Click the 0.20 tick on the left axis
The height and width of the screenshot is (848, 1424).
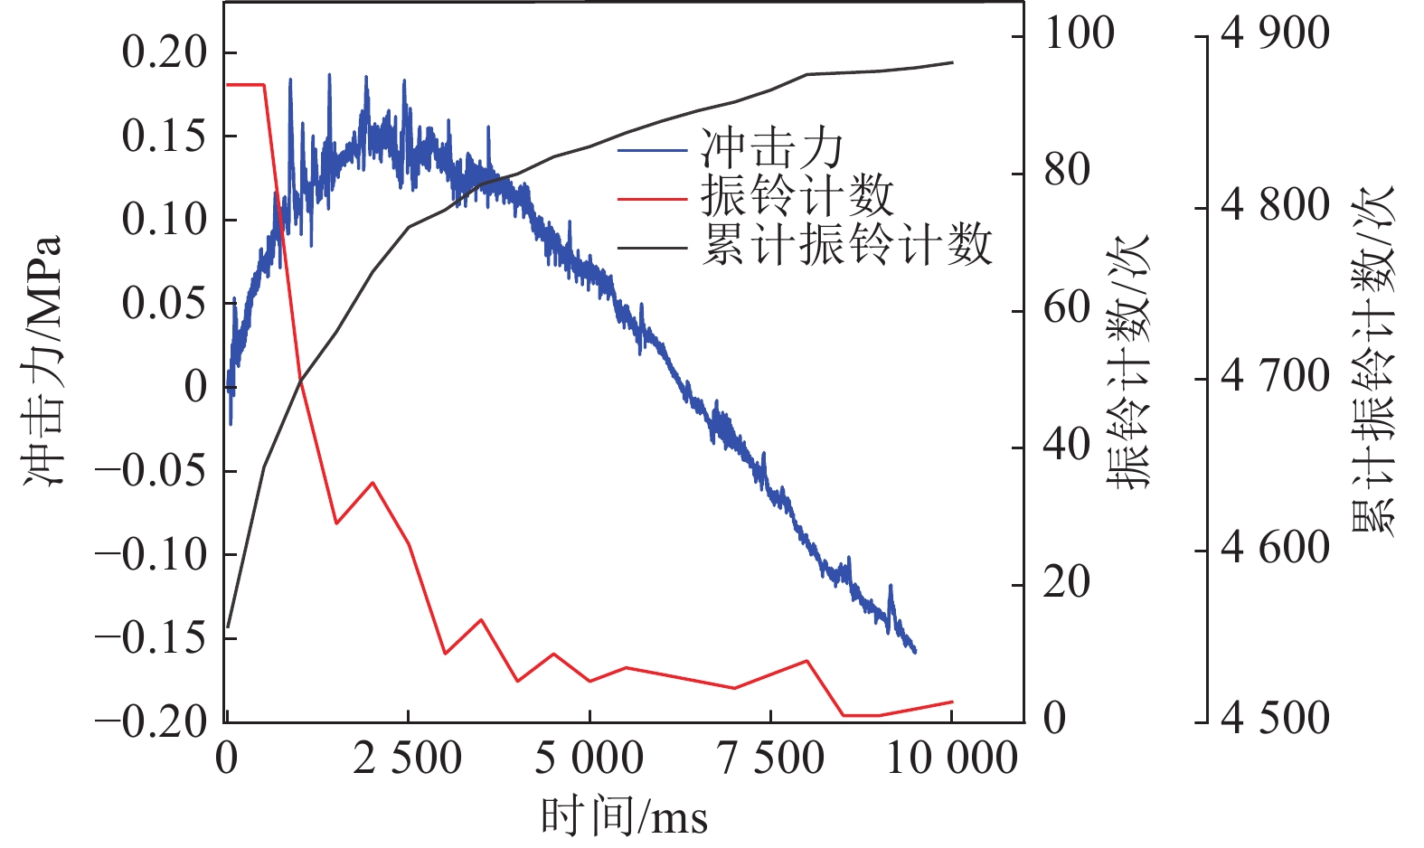coord(165,52)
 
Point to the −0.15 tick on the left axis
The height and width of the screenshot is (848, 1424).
coord(151,637)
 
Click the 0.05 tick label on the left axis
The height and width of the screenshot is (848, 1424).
coord(165,303)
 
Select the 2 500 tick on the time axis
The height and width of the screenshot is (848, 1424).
coord(408,758)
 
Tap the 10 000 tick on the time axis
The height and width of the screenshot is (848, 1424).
coord(952,758)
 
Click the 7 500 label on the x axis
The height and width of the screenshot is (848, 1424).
coord(770,758)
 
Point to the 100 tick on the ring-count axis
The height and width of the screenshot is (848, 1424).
coord(1079,34)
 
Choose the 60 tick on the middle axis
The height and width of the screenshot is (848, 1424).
coord(1067,308)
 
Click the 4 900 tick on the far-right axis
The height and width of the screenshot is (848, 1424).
coord(1275,34)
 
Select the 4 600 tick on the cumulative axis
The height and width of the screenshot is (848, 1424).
coord(1275,548)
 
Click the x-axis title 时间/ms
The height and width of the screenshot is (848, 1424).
coord(624,816)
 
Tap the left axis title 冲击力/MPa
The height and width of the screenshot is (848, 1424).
coord(43,362)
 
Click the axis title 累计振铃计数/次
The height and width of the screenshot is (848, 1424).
coord(1372,362)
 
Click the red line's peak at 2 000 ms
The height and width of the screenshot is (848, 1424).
coord(373,483)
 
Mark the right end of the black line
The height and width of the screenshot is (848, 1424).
coord(953,62)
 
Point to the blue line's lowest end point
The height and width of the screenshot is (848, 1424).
coord(915,651)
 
